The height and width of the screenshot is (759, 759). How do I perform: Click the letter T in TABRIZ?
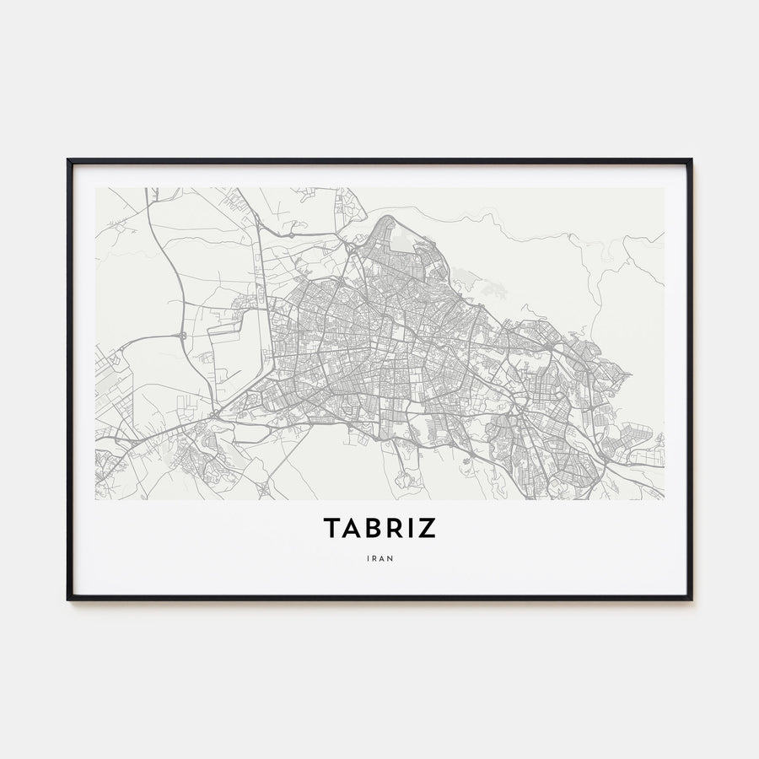332,528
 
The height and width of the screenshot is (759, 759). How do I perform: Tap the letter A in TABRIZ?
354,528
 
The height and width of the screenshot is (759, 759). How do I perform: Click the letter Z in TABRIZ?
428,528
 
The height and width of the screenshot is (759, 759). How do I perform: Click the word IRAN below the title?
379,557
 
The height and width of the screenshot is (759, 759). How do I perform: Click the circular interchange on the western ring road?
182,336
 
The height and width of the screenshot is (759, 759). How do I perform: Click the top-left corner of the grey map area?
96,188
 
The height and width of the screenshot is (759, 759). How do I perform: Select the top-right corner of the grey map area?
663,188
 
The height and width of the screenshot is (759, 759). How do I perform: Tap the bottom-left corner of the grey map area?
96,498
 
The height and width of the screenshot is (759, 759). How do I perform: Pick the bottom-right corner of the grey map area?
663,498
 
